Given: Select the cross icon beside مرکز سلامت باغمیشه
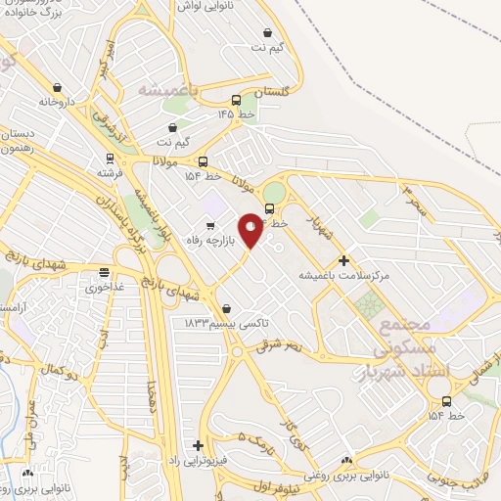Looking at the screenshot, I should click(343, 260).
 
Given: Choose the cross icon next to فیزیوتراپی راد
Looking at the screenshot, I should click(199, 445).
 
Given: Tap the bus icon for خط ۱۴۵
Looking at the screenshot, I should click(236, 100).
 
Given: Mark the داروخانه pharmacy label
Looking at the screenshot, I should click(57, 102).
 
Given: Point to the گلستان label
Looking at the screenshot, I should click(273, 91).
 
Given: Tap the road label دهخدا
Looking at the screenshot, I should click(150, 400).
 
